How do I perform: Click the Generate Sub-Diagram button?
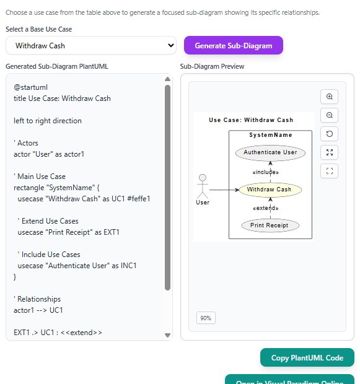pos(233,45)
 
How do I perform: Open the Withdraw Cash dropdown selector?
pos(91,45)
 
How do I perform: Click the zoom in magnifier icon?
pos(329,97)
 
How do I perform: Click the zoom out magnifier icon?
pos(329,115)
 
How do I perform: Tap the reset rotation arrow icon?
pos(329,134)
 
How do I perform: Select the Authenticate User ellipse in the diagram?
pos(270,152)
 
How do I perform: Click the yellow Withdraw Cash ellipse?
pos(270,190)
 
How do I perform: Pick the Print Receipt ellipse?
pos(270,225)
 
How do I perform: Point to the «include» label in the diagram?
pos(266,172)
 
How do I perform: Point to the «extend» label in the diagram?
pos(266,208)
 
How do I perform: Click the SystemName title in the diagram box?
pos(270,135)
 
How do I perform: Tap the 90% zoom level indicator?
pos(206,318)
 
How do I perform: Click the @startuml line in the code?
pos(30,87)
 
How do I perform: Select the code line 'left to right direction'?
pos(48,121)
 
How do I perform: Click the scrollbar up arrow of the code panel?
pos(167,79)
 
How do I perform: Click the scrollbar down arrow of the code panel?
pos(167,335)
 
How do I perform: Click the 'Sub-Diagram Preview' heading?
pos(212,66)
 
